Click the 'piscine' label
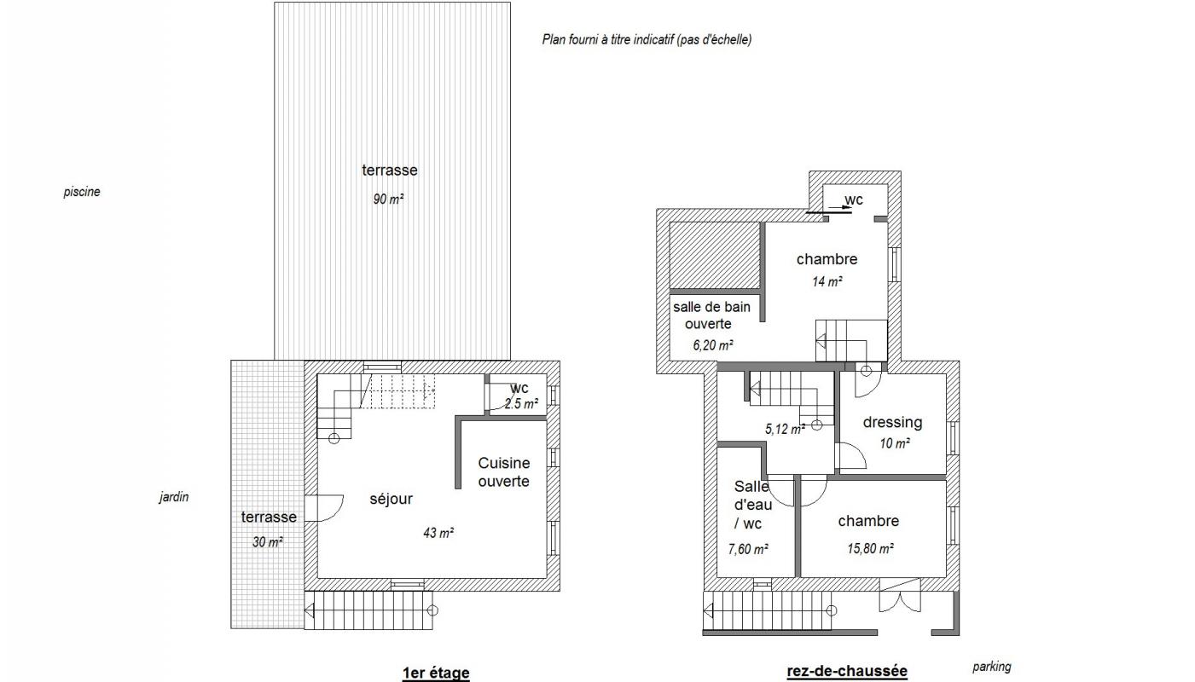pyautogui.click(x=82, y=192)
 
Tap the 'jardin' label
pyautogui.click(x=174, y=497)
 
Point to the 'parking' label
pyautogui.click(x=992, y=667)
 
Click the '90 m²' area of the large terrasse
pyautogui.click(x=388, y=199)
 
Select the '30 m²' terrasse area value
pyautogui.click(x=267, y=542)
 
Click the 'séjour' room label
pyautogui.click(x=391, y=499)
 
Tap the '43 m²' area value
pyautogui.click(x=438, y=533)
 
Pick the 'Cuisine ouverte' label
pyautogui.click(x=503, y=472)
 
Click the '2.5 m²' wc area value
pyautogui.click(x=521, y=404)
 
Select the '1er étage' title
pyautogui.click(x=436, y=673)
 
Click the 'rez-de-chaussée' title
pyautogui.click(x=847, y=671)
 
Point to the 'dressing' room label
pyautogui.click(x=892, y=422)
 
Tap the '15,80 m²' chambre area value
pyautogui.click(x=871, y=548)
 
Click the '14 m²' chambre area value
pyautogui.click(x=827, y=281)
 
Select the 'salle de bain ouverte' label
pyautogui.click(x=711, y=315)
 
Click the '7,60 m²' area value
pyautogui.click(x=748, y=549)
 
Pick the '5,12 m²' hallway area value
pyautogui.click(x=785, y=429)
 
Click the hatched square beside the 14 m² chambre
pyautogui.click(x=714, y=256)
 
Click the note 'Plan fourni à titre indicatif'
pyautogui.click(x=607, y=39)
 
